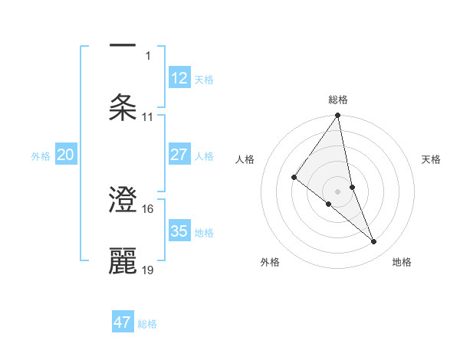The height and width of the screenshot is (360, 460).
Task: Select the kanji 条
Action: click(123, 107)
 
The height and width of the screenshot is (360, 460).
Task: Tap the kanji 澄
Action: click(123, 201)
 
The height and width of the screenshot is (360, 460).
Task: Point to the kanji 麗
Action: click(123, 261)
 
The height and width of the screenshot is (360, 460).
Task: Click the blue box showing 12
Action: click(179, 77)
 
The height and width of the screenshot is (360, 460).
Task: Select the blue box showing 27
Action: click(179, 154)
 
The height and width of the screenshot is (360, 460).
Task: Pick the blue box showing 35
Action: click(179, 231)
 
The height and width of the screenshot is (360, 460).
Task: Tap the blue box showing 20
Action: click(66, 155)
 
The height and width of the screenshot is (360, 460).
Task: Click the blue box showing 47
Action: click(123, 322)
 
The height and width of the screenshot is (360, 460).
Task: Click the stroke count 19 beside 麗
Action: click(149, 270)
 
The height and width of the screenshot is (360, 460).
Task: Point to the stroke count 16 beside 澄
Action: click(149, 208)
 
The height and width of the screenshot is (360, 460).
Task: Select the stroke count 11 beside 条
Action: click(148, 117)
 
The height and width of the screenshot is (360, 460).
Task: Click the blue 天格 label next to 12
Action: click(204, 79)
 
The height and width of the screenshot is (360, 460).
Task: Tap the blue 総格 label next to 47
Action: click(147, 324)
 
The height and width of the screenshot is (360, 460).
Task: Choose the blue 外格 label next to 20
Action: click(41, 156)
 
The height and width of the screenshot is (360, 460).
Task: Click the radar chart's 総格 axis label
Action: click(338, 100)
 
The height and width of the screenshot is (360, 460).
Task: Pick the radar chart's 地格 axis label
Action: click(402, 262)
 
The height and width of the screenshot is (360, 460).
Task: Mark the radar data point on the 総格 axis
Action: click(338, 116)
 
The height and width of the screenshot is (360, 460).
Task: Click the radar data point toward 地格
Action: click(374, 242)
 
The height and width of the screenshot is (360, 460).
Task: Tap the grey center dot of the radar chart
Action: click(338, 191)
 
